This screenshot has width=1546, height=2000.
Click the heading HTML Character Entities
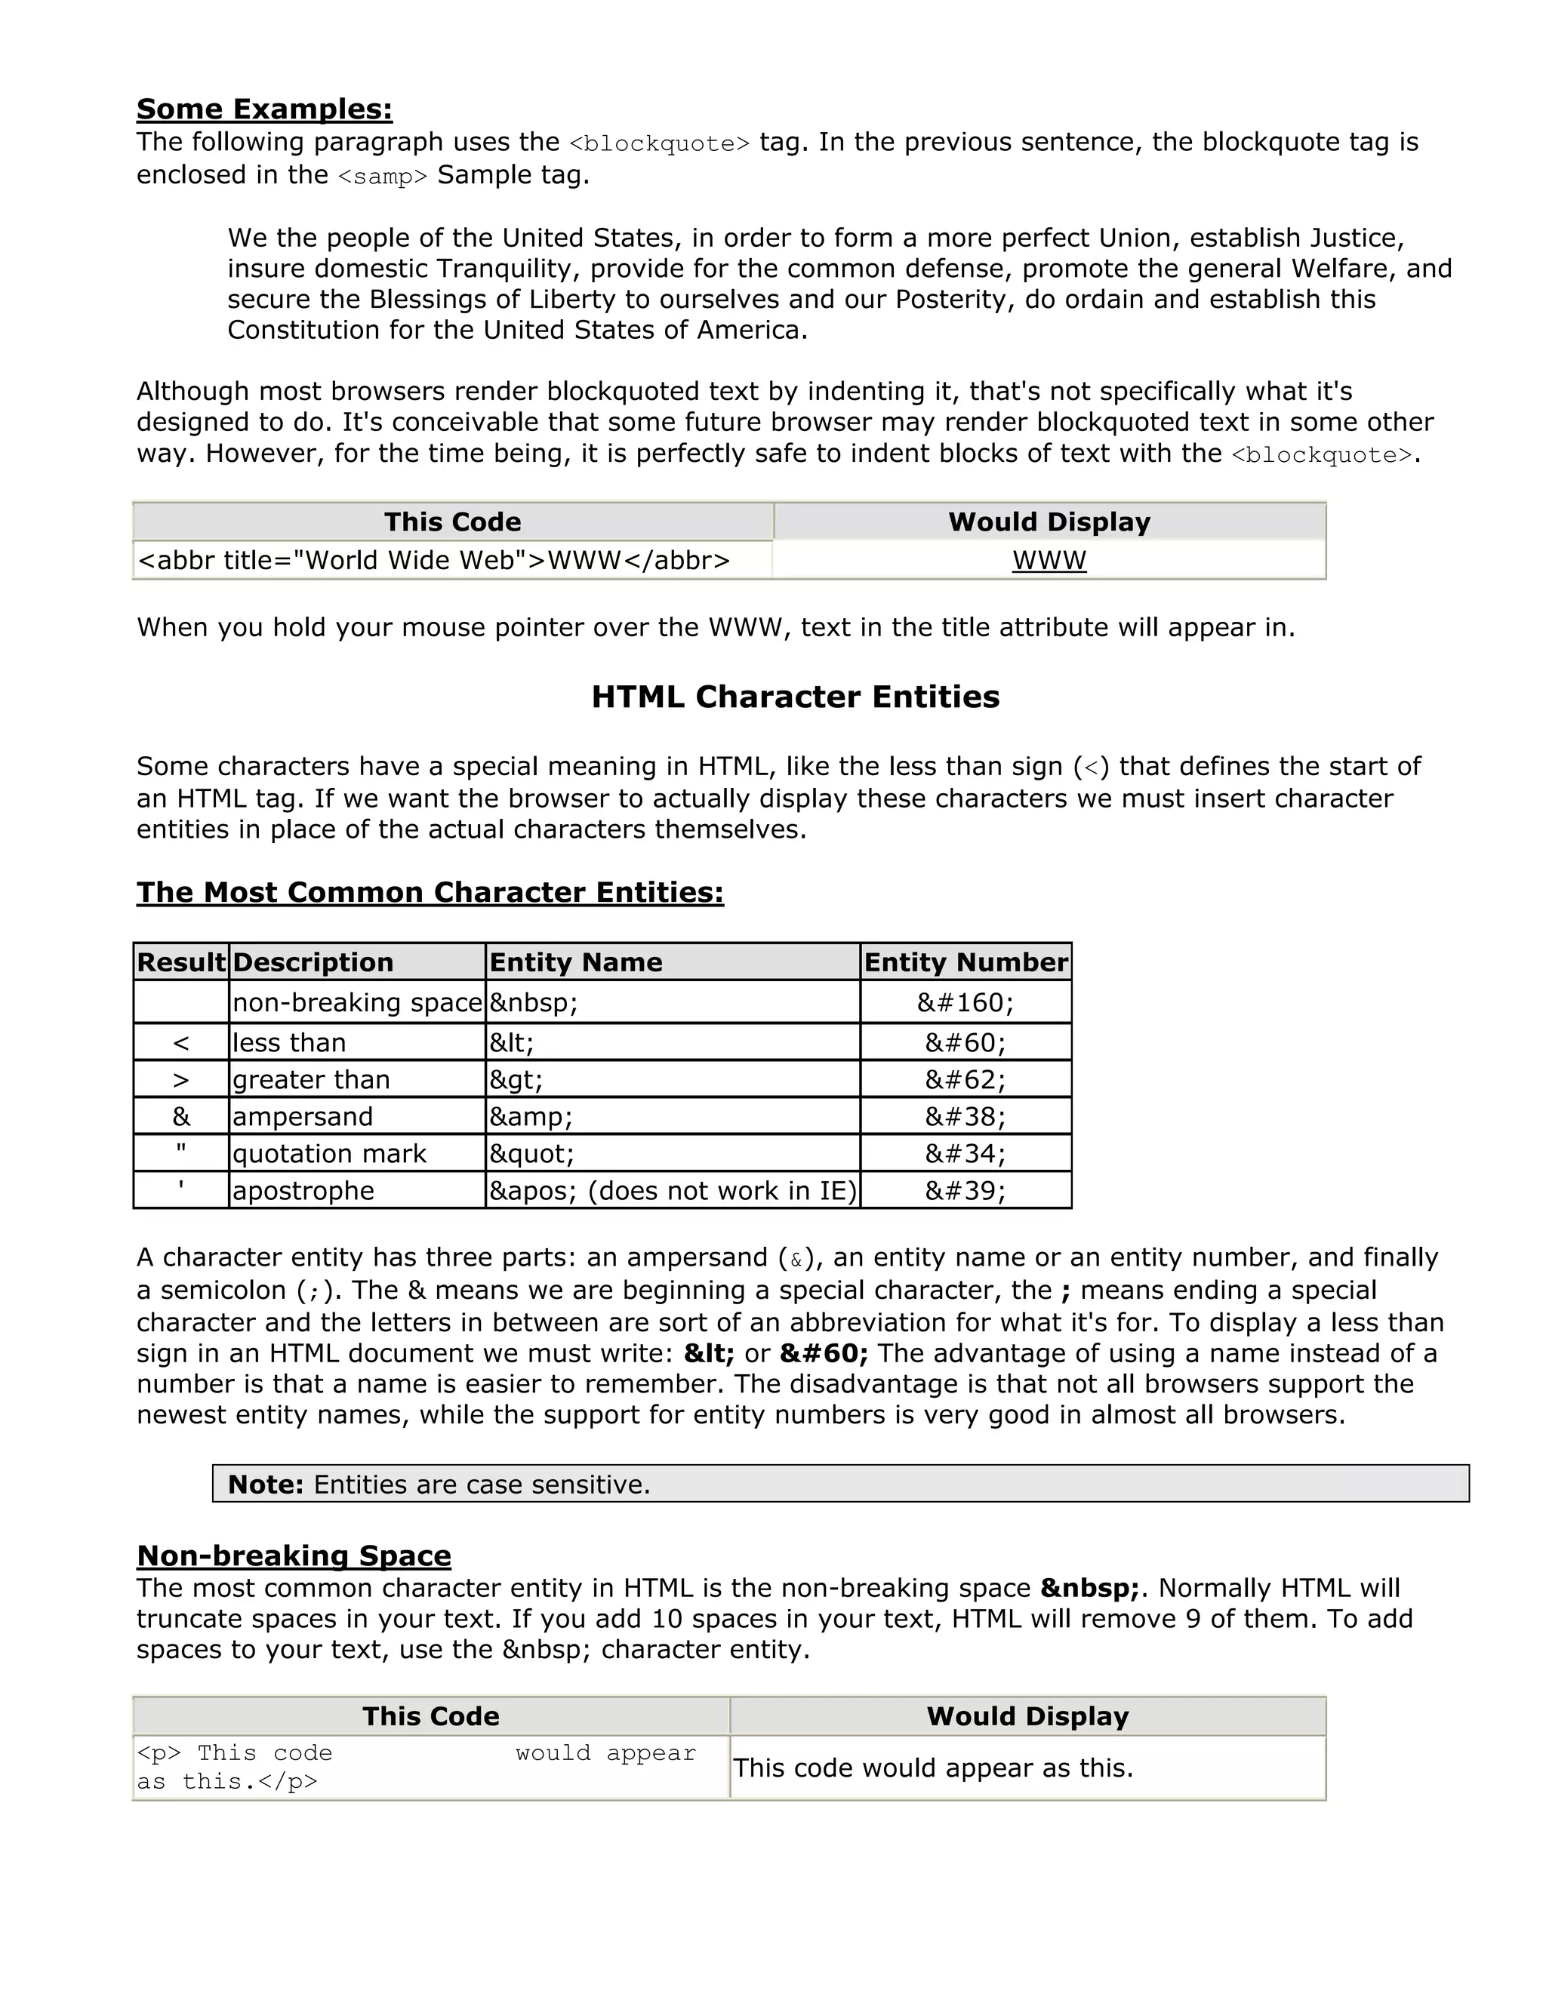(x=795, y=697)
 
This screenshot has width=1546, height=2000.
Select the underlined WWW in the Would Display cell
(x=1049, y=561)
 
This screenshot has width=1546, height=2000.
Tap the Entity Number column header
(x=965, y=962)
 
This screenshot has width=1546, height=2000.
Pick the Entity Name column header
(x=575, y=962)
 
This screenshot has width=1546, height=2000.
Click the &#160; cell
(x=965, y=1003)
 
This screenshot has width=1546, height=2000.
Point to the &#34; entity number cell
(x=965, y=1154)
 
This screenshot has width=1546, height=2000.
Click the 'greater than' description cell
(x=312, y=1081)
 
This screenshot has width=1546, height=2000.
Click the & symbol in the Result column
(x=181, y=1117)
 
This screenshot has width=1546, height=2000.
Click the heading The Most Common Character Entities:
(x=430, y=893)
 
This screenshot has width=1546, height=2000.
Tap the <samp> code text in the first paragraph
(x=383, y=177)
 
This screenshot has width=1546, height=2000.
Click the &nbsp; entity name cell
(x=533, y=1003)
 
